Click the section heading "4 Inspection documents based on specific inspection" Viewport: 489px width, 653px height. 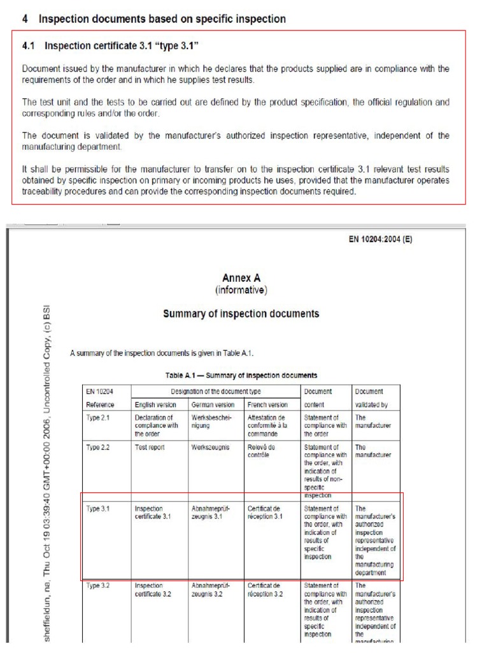[x=153, y=19]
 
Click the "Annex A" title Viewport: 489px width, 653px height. [x=241, y=278]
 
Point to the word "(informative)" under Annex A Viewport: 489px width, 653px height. [x=241, y=290]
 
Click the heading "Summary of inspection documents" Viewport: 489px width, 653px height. [x=241, y=314]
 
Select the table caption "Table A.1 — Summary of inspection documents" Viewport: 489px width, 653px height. [x=241, y=375]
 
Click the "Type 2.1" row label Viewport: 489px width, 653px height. [x=98, y=418]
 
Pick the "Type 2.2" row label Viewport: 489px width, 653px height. [x=98, y=448]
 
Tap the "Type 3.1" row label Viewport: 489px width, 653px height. [x=98, y=509]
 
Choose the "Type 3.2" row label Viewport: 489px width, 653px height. [x=98, y=585]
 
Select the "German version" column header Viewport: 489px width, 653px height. [x=213, y=404]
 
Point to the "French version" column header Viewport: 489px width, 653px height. [x=267, y=404]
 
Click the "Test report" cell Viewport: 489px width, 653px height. [x=150, y=448]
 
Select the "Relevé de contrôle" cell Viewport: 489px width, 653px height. [x=262, y=451]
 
